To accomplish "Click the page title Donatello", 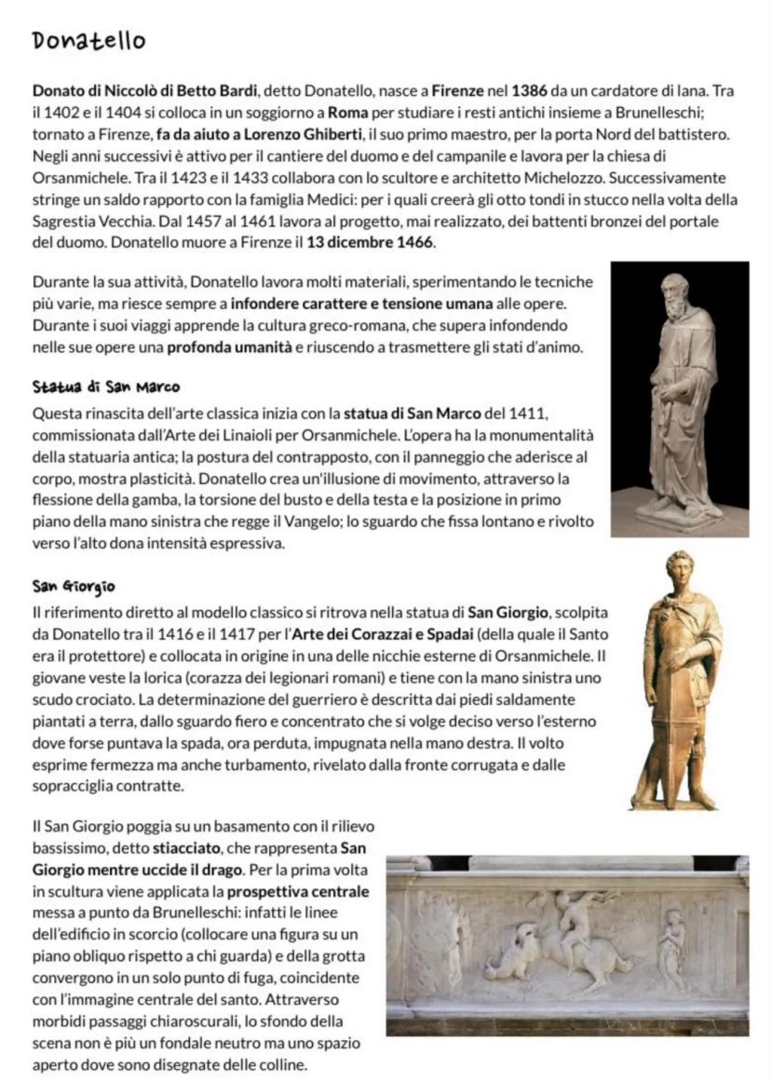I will click(88, 41).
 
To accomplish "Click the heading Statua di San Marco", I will click(105, 386).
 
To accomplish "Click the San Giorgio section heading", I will click(74, 587).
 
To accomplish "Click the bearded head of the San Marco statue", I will click(675, 296).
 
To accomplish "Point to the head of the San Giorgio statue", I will click(680, 571).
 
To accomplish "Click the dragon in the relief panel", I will click(517, 948).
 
